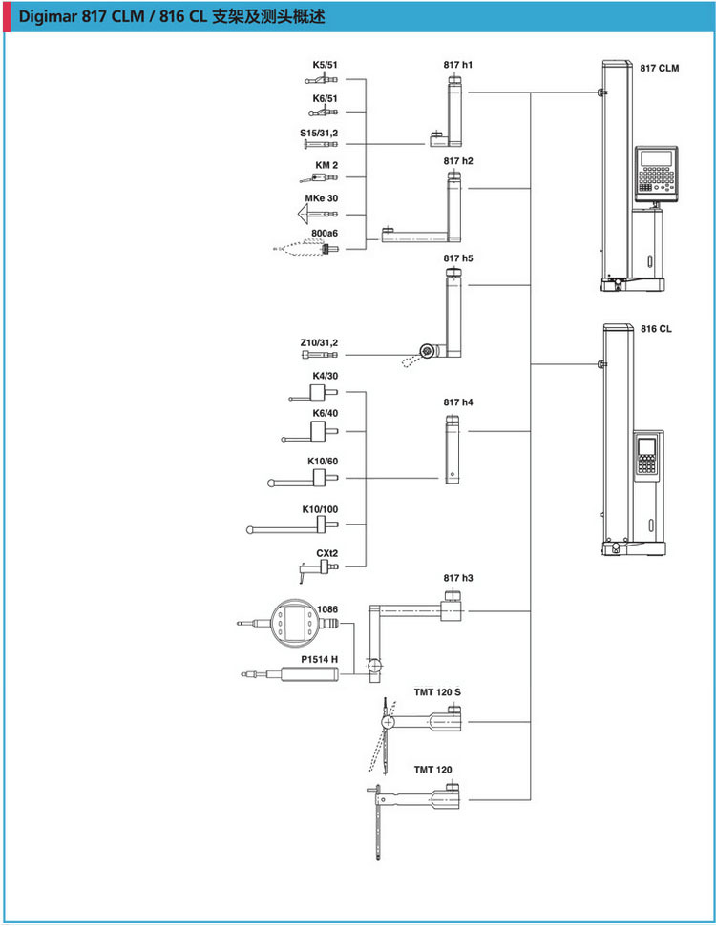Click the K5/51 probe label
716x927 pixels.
325,65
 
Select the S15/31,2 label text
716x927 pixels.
319,133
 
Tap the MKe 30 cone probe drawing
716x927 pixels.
319,215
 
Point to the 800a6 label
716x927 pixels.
325,233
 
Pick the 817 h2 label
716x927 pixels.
458,161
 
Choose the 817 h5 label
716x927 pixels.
458,258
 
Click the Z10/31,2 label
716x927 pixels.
319,341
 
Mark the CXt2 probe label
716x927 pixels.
326,553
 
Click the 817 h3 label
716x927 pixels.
458,578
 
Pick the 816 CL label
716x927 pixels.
656,328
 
